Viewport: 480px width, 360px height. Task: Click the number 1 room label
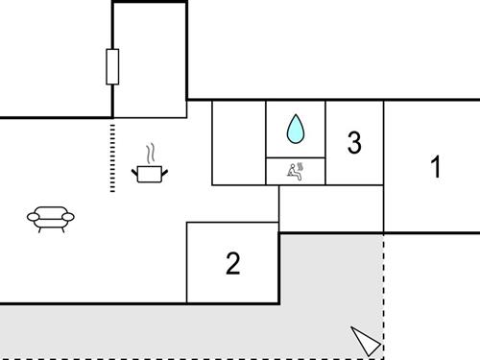(x=435, y=167)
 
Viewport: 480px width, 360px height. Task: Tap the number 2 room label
(x=232, y=263)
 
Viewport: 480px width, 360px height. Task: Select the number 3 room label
(x=354, y=144)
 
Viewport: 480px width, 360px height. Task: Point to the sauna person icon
(x=296, y=171)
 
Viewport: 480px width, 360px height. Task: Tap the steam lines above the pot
(x=151, y=154)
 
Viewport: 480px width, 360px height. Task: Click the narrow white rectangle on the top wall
(x=112, y=66)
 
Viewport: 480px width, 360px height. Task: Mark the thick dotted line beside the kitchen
(x=112, y=156)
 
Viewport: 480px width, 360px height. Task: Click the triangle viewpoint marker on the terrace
(x=366, y=340)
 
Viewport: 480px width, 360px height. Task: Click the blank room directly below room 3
(x=331, y=207)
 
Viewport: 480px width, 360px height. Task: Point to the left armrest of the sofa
(x=32, y=218)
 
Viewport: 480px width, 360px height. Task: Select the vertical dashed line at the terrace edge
(x=384, y=288)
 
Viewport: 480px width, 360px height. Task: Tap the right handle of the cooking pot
(x=165, y=171)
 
